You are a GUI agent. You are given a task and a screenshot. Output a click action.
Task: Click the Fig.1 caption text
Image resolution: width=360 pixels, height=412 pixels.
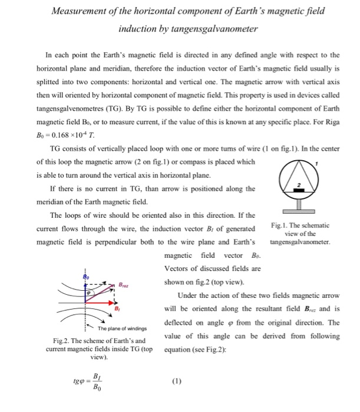click(x=300, y=233)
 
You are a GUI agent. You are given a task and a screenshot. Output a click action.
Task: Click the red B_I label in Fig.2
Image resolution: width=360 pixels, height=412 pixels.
click(x=117, y=308)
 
